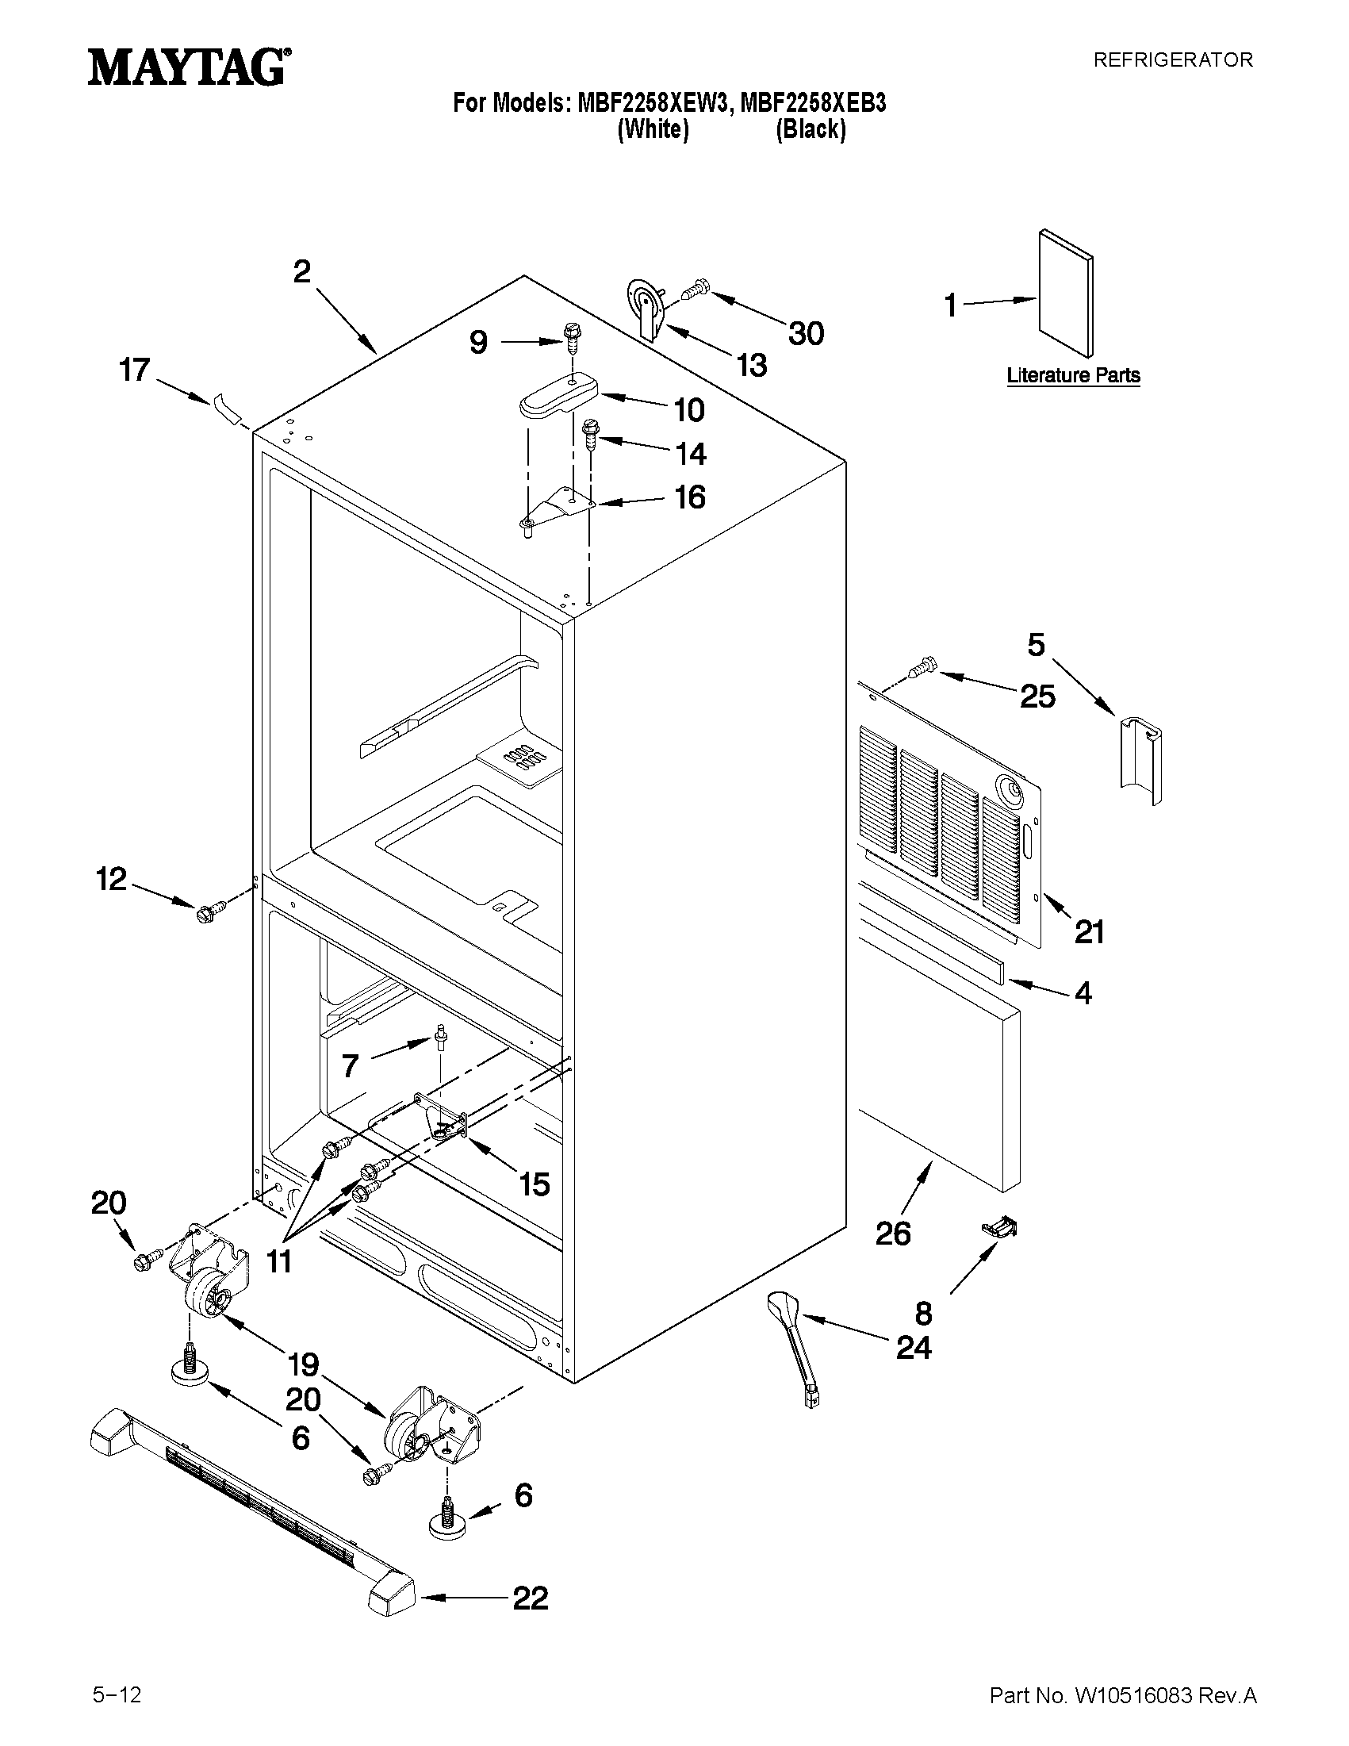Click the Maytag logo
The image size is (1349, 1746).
(x=189, y=67)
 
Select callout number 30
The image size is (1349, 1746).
(x=806, y=333)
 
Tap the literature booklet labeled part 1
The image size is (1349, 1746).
(x=1065, y=294)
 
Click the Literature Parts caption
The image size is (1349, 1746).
(x=1072, y=375)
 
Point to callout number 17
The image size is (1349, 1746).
(x=134, y=370)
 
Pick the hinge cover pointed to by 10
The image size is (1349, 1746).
(x=558, y=396)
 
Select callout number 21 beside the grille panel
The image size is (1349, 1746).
(x=1089, y=931)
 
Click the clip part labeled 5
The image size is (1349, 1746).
(x=1140, y=760)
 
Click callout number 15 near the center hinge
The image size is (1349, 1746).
(x=534, y=1184)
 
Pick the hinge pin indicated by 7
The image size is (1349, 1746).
(x=440, y=1039)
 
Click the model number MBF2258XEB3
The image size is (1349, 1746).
(x=813, y=103)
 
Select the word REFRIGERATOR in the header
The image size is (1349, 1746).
(x=1172, y=60)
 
